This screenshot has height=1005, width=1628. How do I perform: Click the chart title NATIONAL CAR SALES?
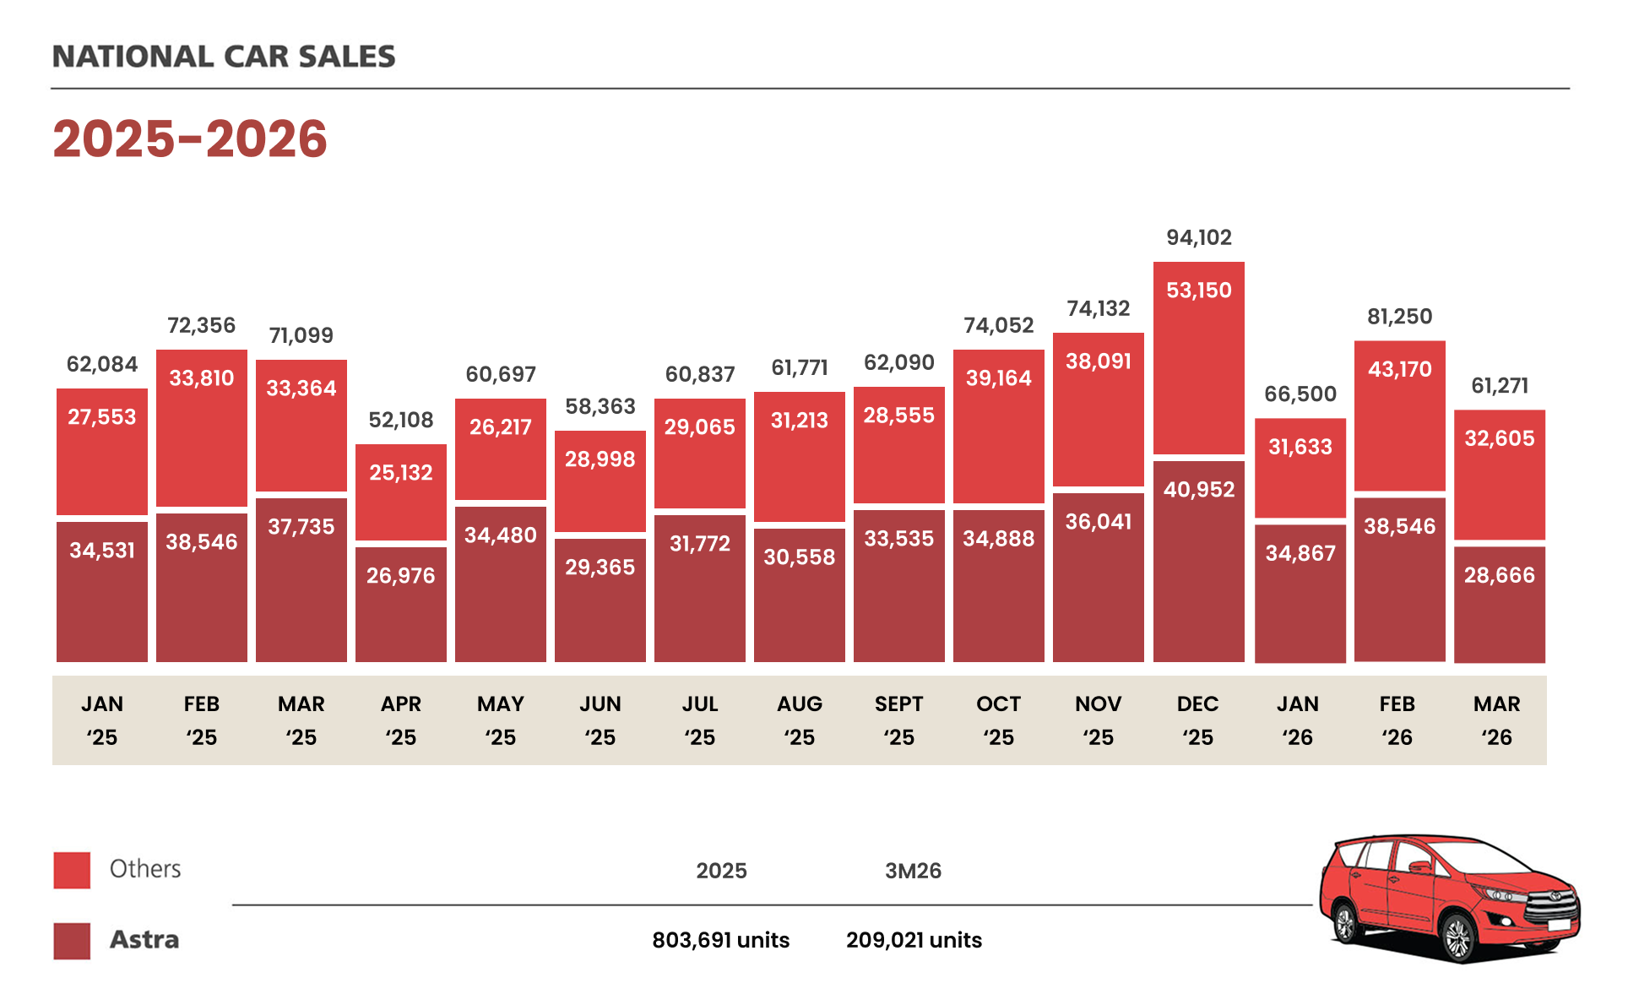(224, 57)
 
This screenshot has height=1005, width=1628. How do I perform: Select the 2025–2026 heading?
(190, 139)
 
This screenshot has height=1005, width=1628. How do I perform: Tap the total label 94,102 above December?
(1199, 237)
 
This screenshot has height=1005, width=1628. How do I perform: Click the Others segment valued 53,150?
(1199, 358)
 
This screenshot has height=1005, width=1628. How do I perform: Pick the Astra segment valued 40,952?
(1199, 562)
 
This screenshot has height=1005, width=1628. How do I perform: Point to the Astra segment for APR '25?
(401, 605)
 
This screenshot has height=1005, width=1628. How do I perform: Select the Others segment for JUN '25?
(600, 481)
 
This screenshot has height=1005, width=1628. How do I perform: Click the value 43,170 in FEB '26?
(1400, 369)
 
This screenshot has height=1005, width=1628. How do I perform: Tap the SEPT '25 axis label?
(899, 720)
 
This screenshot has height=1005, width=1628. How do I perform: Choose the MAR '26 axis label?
(1497, 720)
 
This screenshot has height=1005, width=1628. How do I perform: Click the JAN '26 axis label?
(1298, 720)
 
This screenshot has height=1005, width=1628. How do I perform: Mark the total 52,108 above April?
(401, 420)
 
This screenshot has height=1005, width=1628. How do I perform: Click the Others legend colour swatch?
(72, 870)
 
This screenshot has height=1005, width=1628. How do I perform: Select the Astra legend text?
(144, 940)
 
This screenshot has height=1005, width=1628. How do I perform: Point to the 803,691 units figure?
(721, 940)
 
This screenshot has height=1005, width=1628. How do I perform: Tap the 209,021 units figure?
(914, 940)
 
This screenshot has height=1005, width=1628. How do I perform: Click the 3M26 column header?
(914, 871)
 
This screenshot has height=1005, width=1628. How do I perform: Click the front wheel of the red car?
(1458, 937)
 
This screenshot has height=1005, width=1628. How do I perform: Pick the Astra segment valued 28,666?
(1500, 605)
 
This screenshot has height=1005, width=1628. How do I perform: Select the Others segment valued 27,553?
(102, 452)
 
